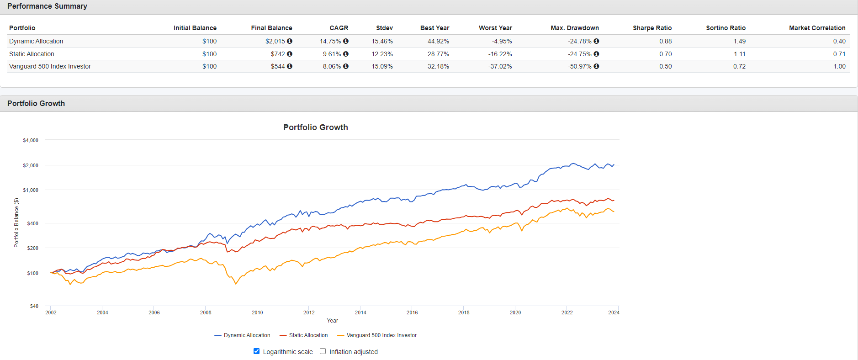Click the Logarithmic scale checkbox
click(x=256, y=351)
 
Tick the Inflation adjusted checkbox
click(x=323, y=351)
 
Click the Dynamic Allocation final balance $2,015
click(x=275, y=41)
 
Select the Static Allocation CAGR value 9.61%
click(x=332, y=54)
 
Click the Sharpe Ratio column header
click(x=652, y=28)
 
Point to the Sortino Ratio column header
click(x=726, y=28)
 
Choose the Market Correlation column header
click(x=817, y=28)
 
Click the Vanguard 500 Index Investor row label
click(x=50, y=66)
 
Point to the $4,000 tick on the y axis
click(x=31, y=140)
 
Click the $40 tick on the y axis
click(x=34, y=306)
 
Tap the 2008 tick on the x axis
click(x=206, y=312)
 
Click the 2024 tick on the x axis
click(x=614, y=312)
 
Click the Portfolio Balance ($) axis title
click(x=16, y=222)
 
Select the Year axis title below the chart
click(x=332, y=321)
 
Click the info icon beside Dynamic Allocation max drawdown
click(x=596, y=41)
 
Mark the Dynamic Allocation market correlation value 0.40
click(x=839, y=41)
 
